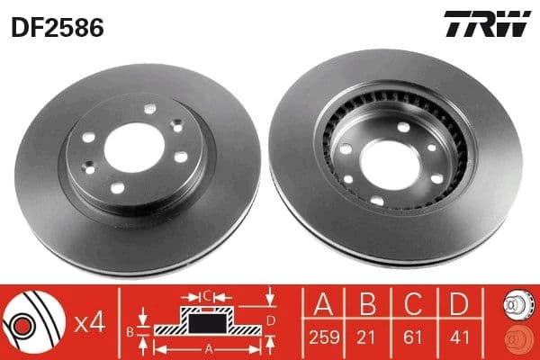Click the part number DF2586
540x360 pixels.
[x=57, y=28]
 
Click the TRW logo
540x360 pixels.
[x=486, y=26]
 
